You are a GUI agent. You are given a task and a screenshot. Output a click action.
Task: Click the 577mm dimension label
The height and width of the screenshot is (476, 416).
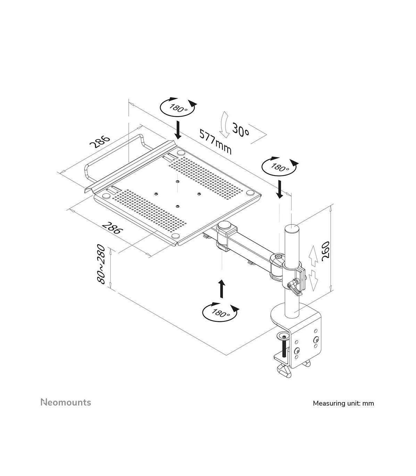[x=215, y=142]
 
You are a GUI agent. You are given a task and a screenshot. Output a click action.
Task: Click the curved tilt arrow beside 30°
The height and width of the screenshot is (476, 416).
[x=225, y=125]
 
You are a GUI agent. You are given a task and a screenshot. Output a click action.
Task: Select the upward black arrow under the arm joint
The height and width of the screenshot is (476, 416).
[x=222, y=289]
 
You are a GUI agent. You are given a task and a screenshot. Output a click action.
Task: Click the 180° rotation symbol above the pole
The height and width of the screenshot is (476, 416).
[x=280, y=167]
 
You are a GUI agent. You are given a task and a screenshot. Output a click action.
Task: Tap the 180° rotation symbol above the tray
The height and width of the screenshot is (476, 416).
[x=179, y=107]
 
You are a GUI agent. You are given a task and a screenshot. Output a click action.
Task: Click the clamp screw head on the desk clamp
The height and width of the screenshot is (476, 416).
[x=284, y=335]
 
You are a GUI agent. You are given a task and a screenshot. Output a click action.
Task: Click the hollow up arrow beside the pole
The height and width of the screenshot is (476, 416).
[x=313, y=256]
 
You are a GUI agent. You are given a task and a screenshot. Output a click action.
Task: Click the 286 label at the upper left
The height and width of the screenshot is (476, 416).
[x=100, y=142]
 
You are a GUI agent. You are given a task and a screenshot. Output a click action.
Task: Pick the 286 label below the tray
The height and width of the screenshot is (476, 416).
[x=112, y=228]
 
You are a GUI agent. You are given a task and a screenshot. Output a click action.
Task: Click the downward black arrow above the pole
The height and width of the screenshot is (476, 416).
[x=280, y=190]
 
